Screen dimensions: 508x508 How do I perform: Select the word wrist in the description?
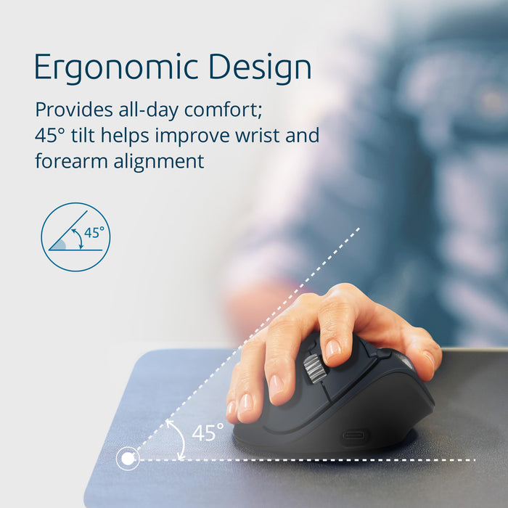[x=266, y=136]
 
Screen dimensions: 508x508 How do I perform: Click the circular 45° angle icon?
[x=75, y=237]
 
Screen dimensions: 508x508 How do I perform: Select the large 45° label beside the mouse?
[x=208, y=433]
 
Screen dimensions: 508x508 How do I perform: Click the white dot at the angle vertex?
[x=128, y=458]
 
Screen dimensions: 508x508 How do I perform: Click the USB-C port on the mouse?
[x=355, y=437]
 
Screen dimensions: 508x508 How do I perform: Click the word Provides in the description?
[x=70, y=110]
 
